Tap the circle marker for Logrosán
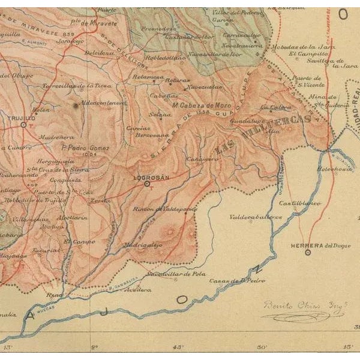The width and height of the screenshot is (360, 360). pyautogui.click(x=147, y=185)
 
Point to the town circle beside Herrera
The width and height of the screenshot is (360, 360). pyautogui.click(x=308, y=253)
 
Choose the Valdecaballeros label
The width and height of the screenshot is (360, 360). pyautogui.click(x=256, y=217)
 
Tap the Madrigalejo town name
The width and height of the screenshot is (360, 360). pyautogui.click(x=143, y=244)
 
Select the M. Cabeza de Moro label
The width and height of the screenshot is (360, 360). pyautogui.click(x=197, y=104)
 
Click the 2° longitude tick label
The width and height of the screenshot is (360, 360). pyautogui.click(x=94, y=347)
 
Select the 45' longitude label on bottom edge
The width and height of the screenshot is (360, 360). pyautogui.click(x=178, y=347)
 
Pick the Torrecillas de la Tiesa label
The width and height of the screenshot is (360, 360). pyautogui.click(x=77, y=86)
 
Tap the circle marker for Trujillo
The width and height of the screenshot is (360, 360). pyautogui.click(x=23, y=125)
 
